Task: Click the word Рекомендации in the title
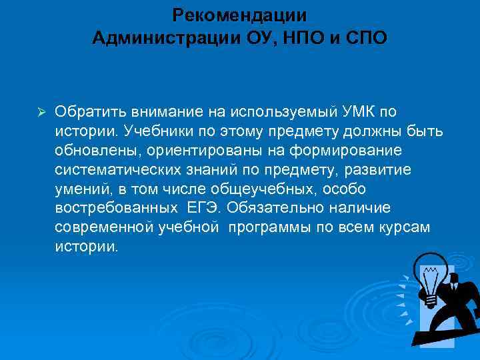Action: coord(239,15)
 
